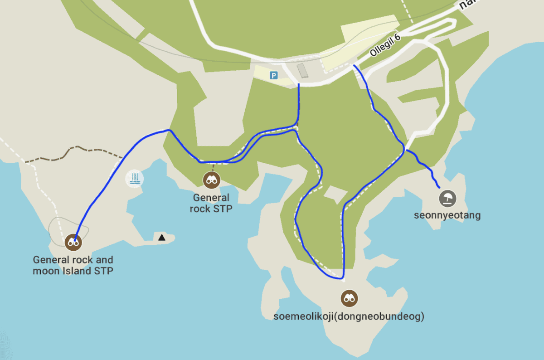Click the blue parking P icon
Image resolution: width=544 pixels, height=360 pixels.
coord(273,75)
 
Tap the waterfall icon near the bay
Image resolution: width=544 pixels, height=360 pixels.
coord(134,178)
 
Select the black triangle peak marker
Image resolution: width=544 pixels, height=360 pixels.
coord(162,237)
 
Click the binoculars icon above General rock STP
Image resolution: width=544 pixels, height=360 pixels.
coord(211,180)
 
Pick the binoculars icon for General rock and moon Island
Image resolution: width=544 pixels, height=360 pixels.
coord(73,242)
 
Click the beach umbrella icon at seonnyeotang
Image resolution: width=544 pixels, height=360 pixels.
coord(447,198)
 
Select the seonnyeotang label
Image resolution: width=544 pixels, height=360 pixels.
coord(447,215)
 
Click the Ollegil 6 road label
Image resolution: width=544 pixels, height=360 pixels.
coord(385,45)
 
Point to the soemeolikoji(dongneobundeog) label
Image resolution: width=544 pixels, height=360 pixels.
coord(349,316)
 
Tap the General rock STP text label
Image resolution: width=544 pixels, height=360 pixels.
coord(211,203)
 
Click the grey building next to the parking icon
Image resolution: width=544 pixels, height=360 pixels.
coord(302,71)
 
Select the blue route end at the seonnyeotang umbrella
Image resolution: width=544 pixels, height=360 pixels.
coord(438,187)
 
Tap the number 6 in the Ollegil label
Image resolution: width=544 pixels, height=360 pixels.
coord(398,38)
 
